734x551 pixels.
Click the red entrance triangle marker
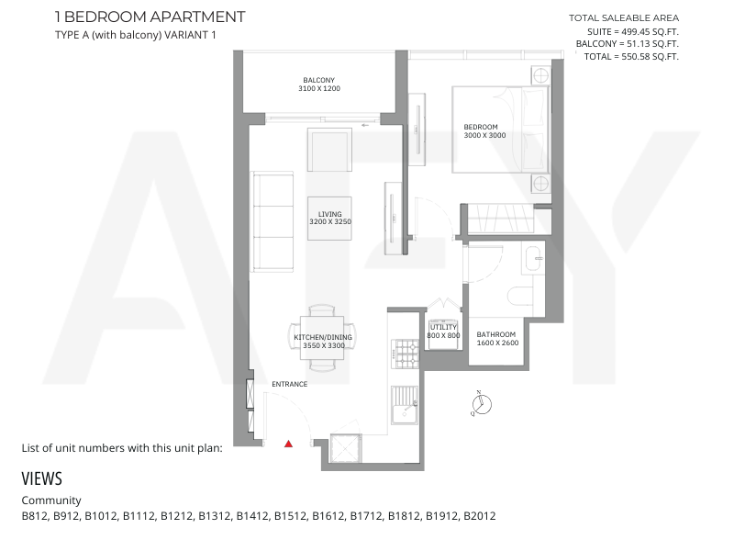(288, 444)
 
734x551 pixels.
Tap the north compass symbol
(481, 404)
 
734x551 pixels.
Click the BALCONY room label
(318, 80)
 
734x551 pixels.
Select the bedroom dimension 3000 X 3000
(484, 135)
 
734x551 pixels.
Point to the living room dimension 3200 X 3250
(330, 221)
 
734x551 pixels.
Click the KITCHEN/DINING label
(323, 337)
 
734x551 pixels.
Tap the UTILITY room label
(443, 327)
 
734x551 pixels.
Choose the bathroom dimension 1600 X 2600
(497, 343)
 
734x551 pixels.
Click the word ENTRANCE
(290, 384)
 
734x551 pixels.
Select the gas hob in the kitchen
(406, 354)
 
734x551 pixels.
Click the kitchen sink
(405, 405)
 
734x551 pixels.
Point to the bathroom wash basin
(534, 258)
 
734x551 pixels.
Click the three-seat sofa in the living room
(273, 221)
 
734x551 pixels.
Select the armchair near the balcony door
(330, 150)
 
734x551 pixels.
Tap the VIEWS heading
(41, 478)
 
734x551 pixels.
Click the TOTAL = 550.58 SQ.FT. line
(631, 57)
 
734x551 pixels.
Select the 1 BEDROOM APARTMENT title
(150, 17)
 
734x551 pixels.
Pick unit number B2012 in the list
(479, 516)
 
